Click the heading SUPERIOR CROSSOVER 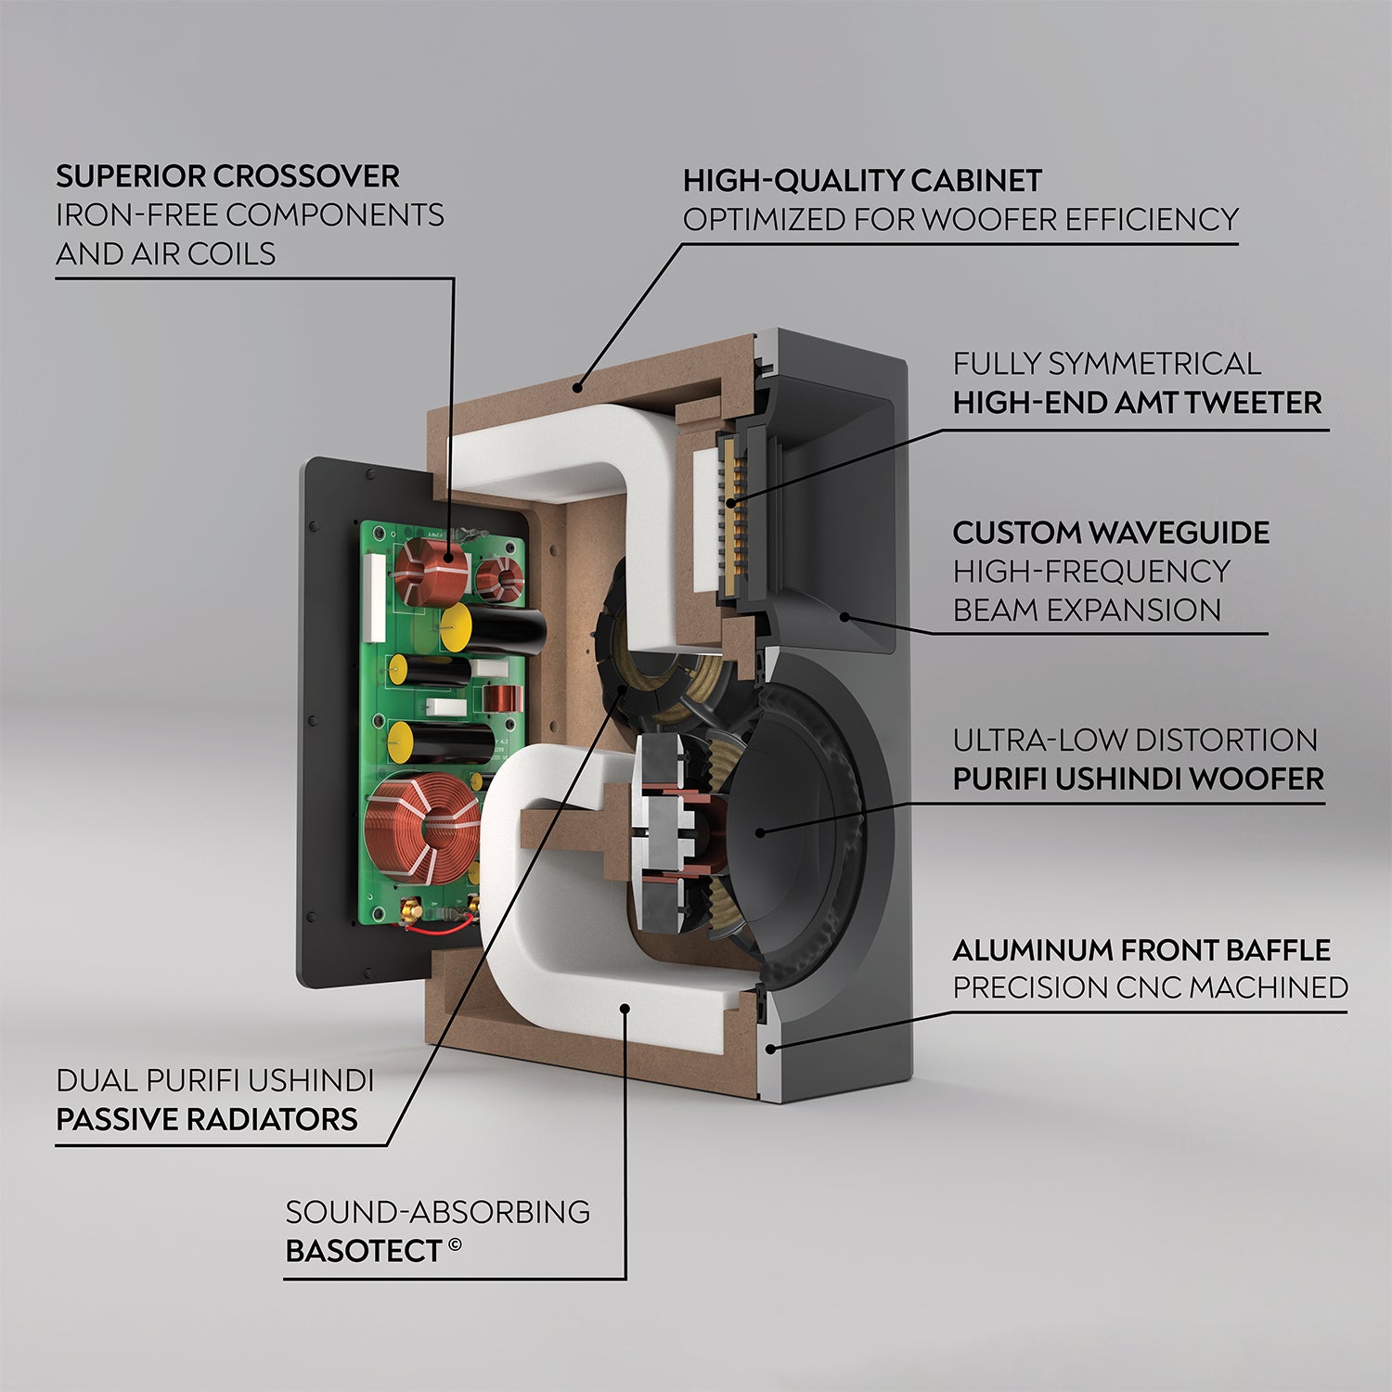point(227,176)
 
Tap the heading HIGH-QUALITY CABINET point(862,180)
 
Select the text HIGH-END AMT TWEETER point(1137,403)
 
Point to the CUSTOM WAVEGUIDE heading point(1111,533)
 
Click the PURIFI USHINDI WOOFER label point(1138,779)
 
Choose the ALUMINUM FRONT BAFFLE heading point(1141,950)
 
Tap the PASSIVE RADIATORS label point(207,1119)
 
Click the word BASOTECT point(363,1251)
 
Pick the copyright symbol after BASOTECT point(455,1244)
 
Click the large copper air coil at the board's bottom point(422,826)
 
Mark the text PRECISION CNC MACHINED point(1150,988)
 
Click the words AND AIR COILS point(165,253)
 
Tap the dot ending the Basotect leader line point(625,1008)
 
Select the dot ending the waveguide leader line point(844,616)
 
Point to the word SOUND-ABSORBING point(437,1212)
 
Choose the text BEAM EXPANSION point(1087,611)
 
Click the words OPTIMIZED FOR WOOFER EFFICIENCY point(960,220)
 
